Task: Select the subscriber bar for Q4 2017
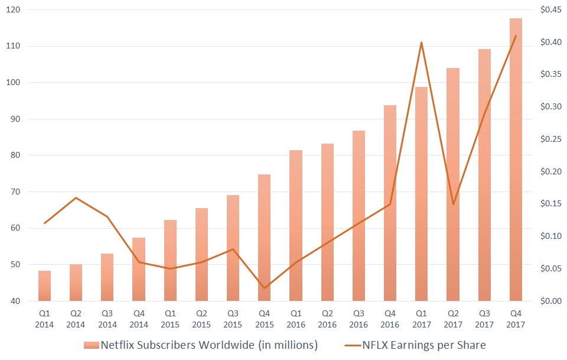tap(516, 160)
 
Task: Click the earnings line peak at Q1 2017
tap(422, 43)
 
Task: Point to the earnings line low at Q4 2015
tap(265, 288)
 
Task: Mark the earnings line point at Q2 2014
tap(76, 197)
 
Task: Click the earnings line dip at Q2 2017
tap(453, 204)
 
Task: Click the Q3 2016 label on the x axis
tap(359, 319)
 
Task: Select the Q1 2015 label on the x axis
tap(170, 319)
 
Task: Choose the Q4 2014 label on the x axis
tap(139, 319)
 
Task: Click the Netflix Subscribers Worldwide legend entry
tap(201, 345)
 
